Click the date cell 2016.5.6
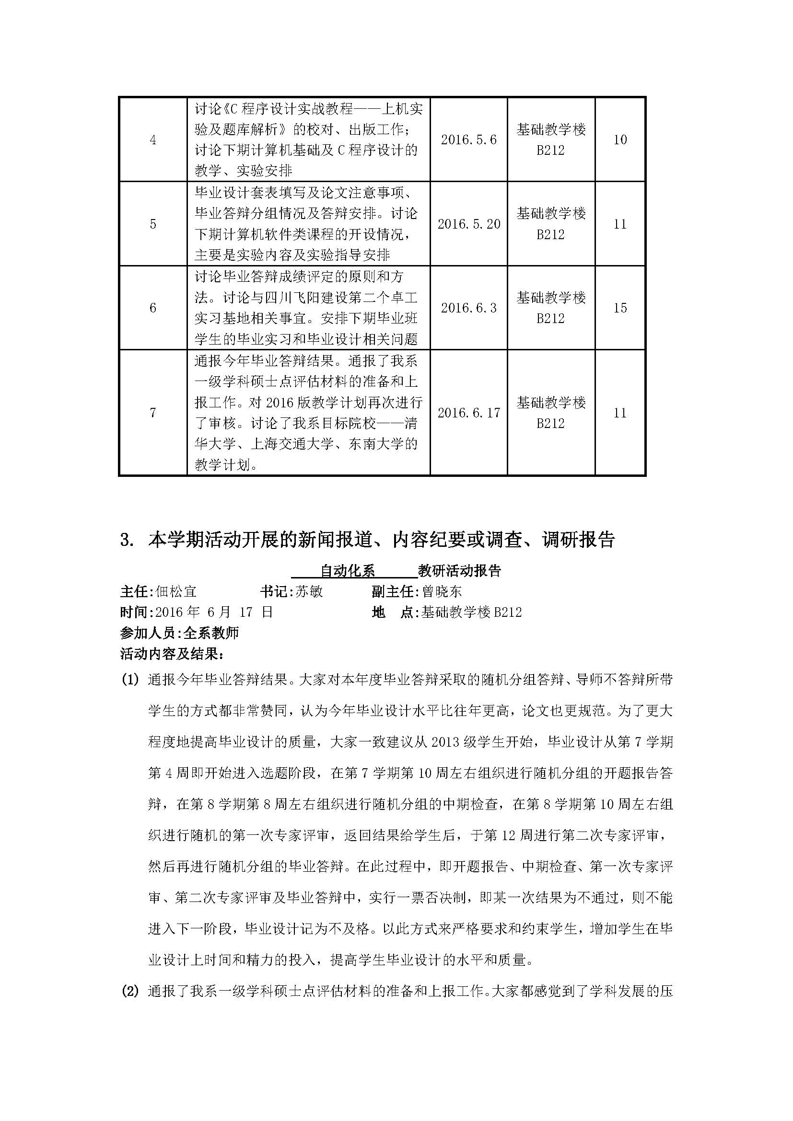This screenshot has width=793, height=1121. [x=468, y=140]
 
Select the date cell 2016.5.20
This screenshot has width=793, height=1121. [x=468, y=224]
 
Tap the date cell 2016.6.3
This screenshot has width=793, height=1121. [x=468, y=308]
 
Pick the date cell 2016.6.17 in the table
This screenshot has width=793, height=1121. [x=468, y=413]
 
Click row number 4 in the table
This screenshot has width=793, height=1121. [x=153, y=140]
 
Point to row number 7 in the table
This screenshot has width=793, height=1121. [x=153, y=413]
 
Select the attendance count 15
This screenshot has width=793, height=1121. [x=619, y=308]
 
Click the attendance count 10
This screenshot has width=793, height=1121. [x=619, y=140]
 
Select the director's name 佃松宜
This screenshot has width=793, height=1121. [x=176, y=592]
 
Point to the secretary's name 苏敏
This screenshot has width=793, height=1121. [x=309, y=592]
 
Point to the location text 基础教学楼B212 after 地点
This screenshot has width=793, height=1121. [x=472, y=612]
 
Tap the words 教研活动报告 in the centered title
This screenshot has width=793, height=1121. [x=459, y=571]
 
